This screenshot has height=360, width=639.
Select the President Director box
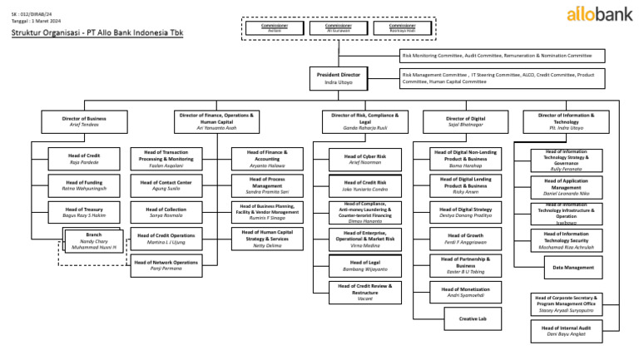339,78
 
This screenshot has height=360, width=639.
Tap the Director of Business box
84,122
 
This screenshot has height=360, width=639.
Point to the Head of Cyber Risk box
364,160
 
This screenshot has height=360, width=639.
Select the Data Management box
573,267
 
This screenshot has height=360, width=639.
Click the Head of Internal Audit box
567,331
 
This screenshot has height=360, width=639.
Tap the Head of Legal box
364,266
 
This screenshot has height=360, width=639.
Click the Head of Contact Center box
166,185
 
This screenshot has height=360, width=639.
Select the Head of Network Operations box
166,266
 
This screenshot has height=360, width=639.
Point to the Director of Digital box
465,122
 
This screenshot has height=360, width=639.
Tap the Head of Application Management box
567,185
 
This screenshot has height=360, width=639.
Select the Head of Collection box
166,212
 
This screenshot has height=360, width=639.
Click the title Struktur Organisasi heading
97,33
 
